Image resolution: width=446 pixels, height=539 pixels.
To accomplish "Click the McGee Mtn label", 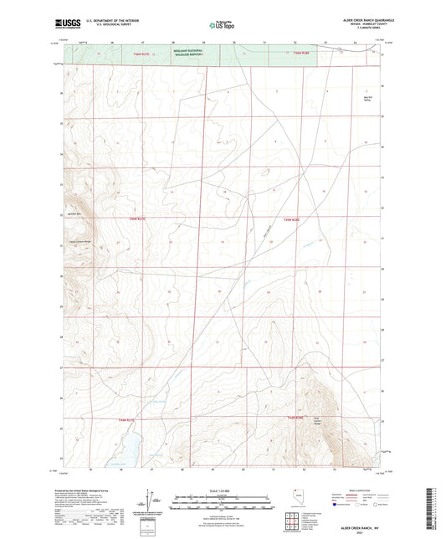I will tap(72, 213).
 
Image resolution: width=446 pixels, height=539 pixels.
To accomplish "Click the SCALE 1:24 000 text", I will tap(222, 491).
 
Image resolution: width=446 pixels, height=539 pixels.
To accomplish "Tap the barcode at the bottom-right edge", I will tap(435, 506).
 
